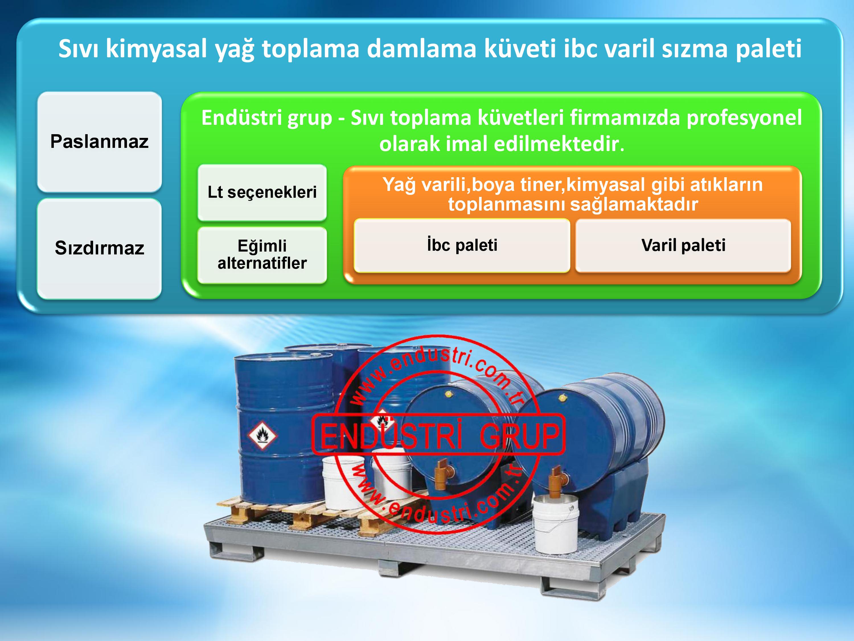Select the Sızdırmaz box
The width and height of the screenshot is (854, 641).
point(99,248)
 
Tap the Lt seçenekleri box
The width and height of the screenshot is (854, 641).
point(262,192)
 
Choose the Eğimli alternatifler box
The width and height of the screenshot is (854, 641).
point(262,255)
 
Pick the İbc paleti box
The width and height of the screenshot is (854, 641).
point(462,245)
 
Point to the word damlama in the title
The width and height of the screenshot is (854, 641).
point(422,49)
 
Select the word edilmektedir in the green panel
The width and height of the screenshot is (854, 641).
point(557,144)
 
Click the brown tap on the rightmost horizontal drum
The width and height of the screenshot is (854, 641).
point(557,478)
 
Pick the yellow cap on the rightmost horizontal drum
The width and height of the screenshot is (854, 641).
point(563,397)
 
